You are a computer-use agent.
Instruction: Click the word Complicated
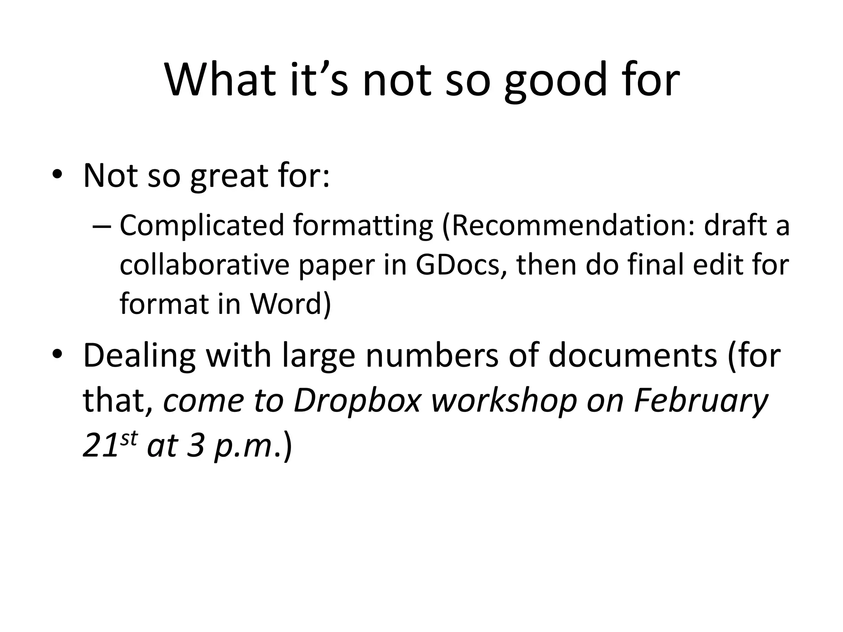(202, 226)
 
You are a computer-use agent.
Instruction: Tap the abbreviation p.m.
(243, 446)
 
